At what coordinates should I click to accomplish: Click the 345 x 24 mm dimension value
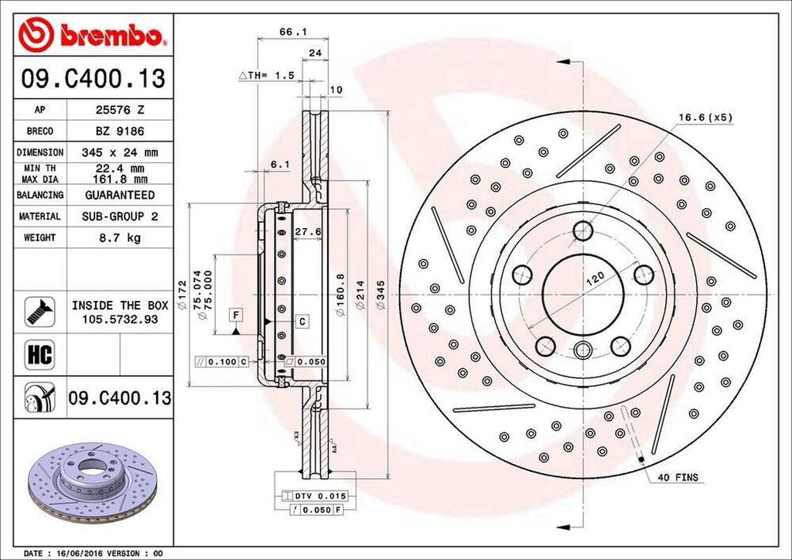120,152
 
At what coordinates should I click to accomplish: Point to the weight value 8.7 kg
120,237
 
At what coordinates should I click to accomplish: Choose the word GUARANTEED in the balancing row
120,195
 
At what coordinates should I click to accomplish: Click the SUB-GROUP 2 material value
120,217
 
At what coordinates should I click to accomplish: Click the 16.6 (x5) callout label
705,118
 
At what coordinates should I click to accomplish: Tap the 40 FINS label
678,477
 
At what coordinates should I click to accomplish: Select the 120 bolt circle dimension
594,284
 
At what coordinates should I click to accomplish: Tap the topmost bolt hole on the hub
582,230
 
